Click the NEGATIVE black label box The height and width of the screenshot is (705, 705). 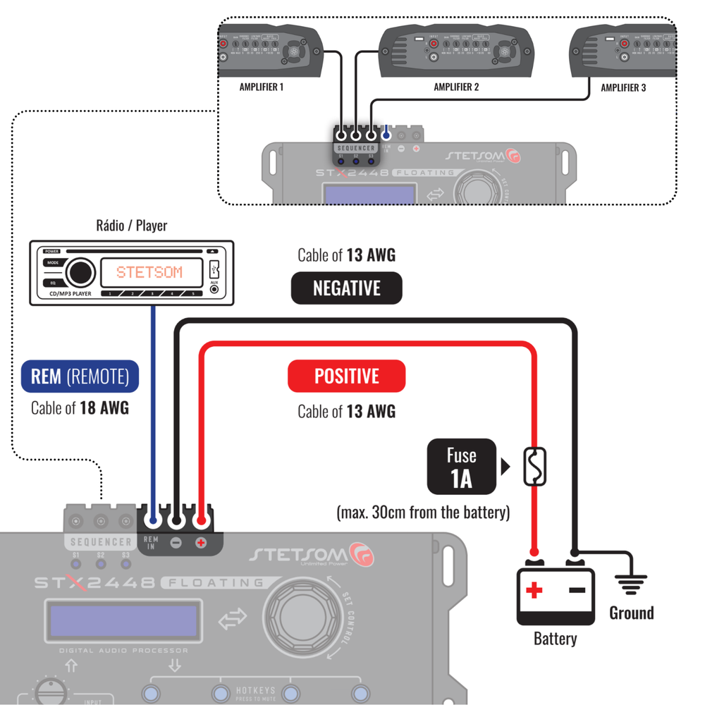tap(346, 288)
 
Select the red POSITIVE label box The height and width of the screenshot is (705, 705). tap(346, 376)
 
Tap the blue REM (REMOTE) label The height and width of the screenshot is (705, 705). tap(80, 376)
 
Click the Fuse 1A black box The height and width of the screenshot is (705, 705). tap(461, 467)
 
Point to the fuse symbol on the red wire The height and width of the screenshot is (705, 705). tap(534, 467)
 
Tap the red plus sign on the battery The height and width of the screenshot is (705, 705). tap(534, 590)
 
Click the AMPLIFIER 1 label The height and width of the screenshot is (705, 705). tap(262, 87)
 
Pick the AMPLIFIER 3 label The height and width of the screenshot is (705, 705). tap(623, 88)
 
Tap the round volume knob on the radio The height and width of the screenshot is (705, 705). tap(80, 272)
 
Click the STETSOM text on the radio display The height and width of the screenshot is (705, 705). tap(149, 272)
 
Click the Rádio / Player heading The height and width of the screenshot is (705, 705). tap(131, 226)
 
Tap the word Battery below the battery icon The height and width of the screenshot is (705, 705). tap(555, 639)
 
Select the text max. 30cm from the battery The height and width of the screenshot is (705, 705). tap(423, 513)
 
